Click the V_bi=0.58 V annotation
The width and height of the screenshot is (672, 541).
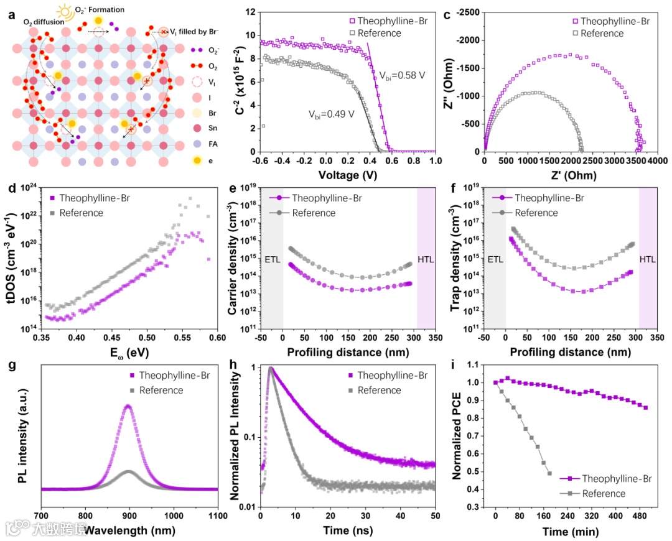coord(403,75)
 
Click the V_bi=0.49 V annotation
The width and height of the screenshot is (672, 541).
coord(331,114)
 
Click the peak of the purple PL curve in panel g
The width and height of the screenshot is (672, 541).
coord(128,405)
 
